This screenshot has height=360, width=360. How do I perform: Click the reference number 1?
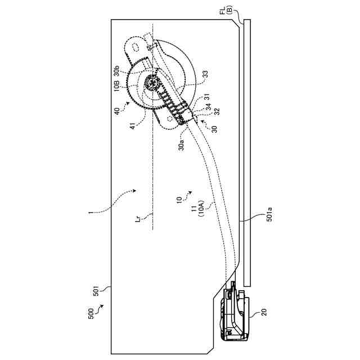91,214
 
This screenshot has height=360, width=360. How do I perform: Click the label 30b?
116,70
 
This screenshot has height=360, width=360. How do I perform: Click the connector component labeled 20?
234,315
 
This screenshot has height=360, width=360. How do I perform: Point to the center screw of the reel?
151,82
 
